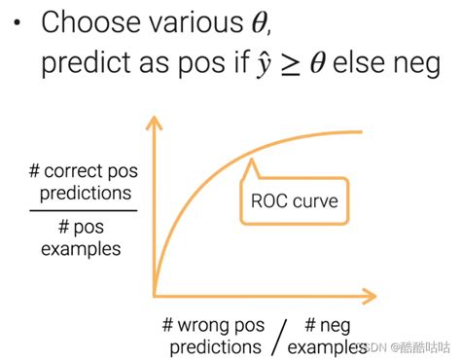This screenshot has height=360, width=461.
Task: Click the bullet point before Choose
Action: pyautogui.click(x=17, y=23)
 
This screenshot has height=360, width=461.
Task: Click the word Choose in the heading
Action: pyautogui.click(x=90, y=21)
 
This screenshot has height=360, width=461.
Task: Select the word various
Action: pyautogui.click(x=196, y=22)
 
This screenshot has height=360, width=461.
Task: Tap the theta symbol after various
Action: pyautogui.click(x=260, y=22)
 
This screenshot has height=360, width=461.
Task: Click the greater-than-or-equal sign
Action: pyautogui.click(x=291, y=64)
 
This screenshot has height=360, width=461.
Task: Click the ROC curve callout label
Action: pyautogui.click(x=295, y=200)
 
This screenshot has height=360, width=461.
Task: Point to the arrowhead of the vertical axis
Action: pyautogui.click(x=155, y=123)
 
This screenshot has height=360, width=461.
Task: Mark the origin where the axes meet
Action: pyautogui.click(x=155, y=296)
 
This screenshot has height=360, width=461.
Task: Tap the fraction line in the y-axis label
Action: pyautogui.click(x=84, y=210)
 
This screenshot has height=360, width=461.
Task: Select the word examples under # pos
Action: pyautogui.click(x=81, y=249)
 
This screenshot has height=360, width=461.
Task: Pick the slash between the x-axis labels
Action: pyautogui.click(x=279, y=337)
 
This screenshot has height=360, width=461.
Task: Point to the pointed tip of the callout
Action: pyautogui.click(x=251, y=160)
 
